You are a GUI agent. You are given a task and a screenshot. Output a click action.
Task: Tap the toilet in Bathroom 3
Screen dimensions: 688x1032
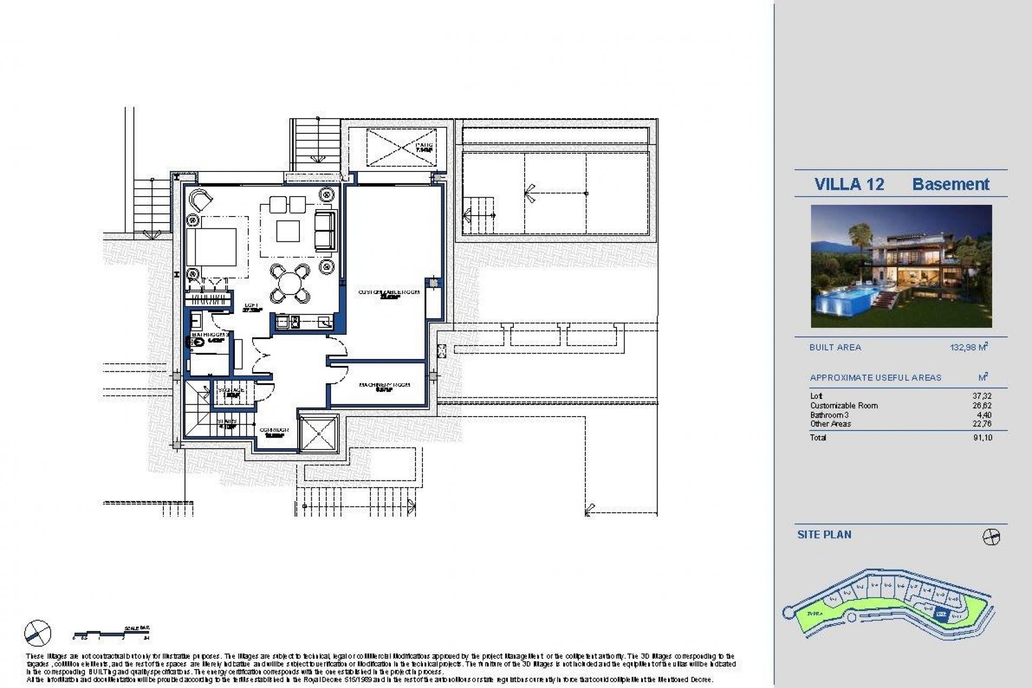tap(197, 340)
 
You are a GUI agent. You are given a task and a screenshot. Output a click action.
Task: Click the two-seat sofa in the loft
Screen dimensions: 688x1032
tap(324, 230)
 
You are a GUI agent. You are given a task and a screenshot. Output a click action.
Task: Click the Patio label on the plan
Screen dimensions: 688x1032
tap(424, 147)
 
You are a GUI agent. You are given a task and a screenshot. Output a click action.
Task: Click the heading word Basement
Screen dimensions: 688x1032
tap(950, 184)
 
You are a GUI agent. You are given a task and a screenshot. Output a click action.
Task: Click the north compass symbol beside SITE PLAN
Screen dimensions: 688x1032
tap(991, 537)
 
